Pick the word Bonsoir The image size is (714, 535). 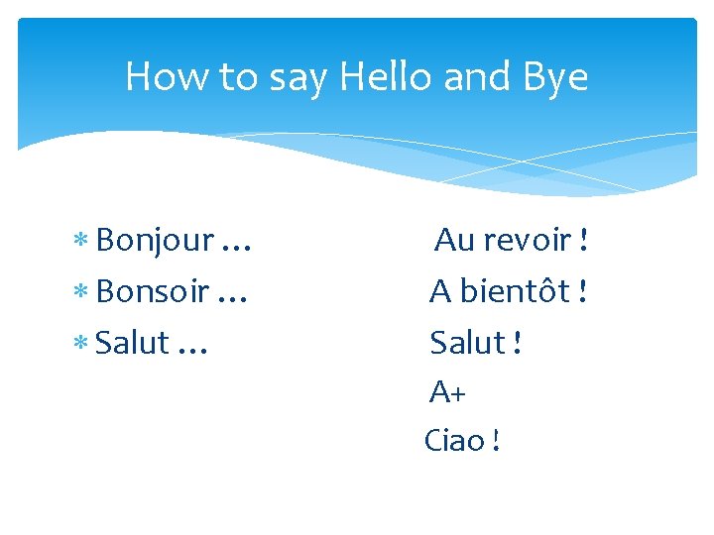pyautogui.click(x=152, y=292)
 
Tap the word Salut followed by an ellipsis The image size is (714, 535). pyautogui.click(x=134, y=343)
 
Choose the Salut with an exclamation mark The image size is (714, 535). pyautogui.click(x=467, y=343)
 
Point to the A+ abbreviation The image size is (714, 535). pyautogui.click(x=447, y=393)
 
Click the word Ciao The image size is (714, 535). pyautogui.click(x=454, y=440)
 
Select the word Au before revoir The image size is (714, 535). pyautogui.click(x=455, y=240)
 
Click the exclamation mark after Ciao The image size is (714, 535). pyautogui.click(x=495, y=440)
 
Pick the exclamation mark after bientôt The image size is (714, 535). pyautogui.click(x=583, y=292)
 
